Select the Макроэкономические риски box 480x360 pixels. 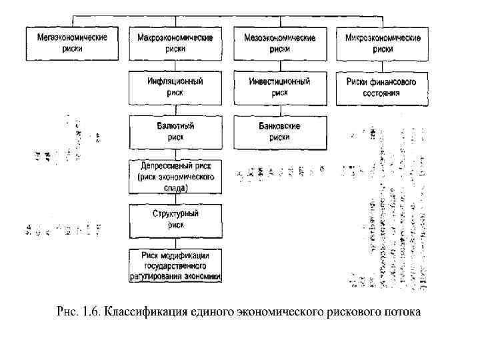[x=175, y=43]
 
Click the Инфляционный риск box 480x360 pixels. [x=175, y=87]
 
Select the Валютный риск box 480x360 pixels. [x=175, y=131]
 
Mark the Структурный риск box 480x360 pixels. [x=175, y=221]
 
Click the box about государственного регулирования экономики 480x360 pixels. [x=175, y=265]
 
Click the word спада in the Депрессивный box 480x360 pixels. [x=176, y=188]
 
